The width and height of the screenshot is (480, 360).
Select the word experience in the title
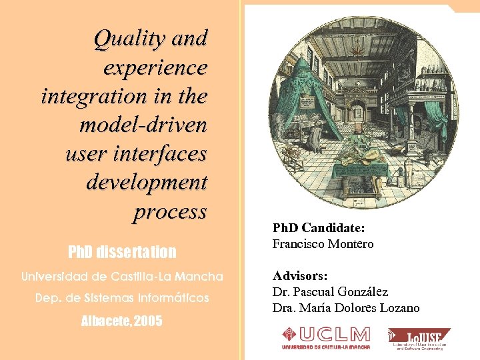click(155, 67)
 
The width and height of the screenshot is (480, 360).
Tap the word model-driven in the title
click(143, 125)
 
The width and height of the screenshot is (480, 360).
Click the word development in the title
click(147, 182)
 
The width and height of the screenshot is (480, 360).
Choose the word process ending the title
click(170, 211)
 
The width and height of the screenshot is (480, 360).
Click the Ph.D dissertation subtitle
click(122, 252)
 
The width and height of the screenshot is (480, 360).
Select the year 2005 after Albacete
click(147, 321)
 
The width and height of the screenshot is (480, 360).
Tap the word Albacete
click(106, 321)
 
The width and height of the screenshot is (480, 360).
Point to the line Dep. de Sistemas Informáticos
click(122, 298)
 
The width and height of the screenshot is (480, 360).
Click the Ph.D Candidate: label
click(319, 227)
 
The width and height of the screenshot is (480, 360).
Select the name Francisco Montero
click(323, 244)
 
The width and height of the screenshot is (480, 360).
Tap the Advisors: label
click(300, 275)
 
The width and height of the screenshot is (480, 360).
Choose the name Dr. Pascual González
click(330, 291)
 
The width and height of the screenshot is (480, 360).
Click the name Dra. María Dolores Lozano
click(346, 308)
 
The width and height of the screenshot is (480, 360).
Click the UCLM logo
click(325, 337)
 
